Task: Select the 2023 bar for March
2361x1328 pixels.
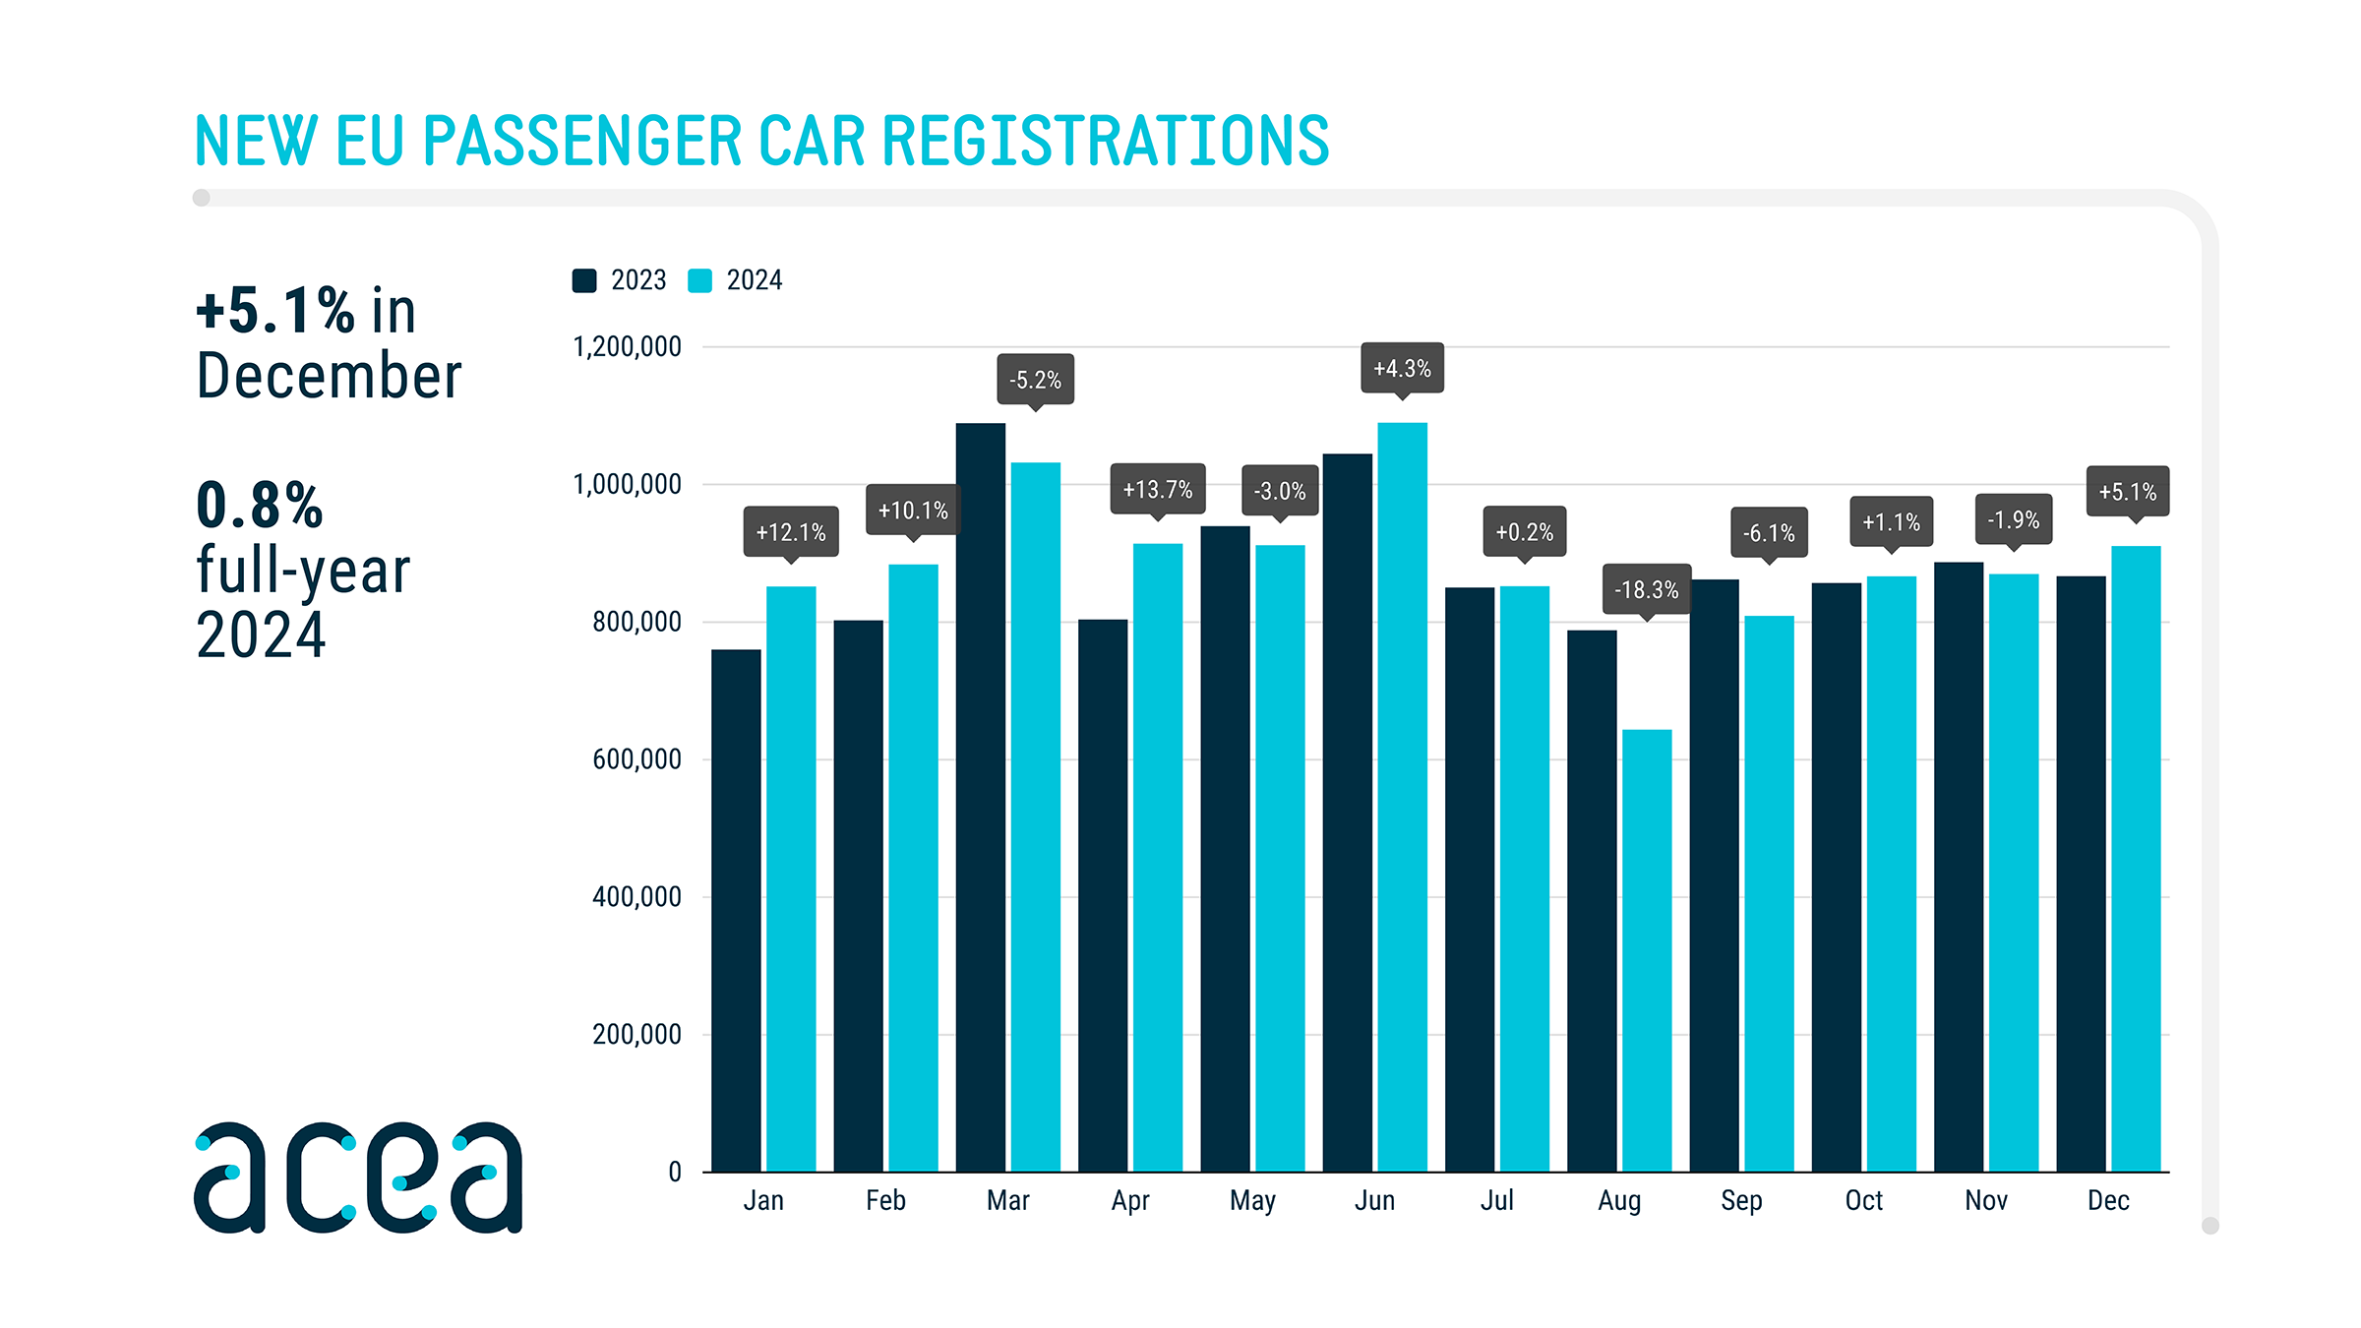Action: (x=981, y=797)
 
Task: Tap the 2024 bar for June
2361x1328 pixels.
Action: (x=1402, y=797)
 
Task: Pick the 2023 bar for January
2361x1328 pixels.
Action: (x=736, y=910)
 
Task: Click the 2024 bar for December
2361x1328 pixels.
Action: (x=2136, y=858)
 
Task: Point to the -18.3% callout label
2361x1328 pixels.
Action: (x=1647, y=589)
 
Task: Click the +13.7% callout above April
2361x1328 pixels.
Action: (x=1158, y=489)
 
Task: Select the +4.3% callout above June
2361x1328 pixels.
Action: (x=1402, y=368)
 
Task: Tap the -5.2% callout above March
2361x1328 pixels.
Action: (x=1035, y=380)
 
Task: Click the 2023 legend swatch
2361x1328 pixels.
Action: (x=584, y=280)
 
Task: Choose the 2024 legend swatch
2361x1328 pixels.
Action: (x=699, y=280)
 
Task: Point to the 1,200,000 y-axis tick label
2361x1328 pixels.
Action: (x=627, y=346)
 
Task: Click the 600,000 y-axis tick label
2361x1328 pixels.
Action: (x=636, y=759)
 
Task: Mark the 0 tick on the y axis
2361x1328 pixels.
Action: (x=675, y=1172)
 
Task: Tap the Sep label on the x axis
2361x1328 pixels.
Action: (x=1741, y=1200)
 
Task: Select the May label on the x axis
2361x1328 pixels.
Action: (x=1252, y=1200)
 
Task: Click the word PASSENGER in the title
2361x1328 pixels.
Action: (x=581, y=140)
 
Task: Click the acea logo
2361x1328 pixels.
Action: (x=358, y=1177)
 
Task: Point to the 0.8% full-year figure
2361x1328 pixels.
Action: (x=260, y=506)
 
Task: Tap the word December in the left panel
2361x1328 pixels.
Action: (x=329, y=376)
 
